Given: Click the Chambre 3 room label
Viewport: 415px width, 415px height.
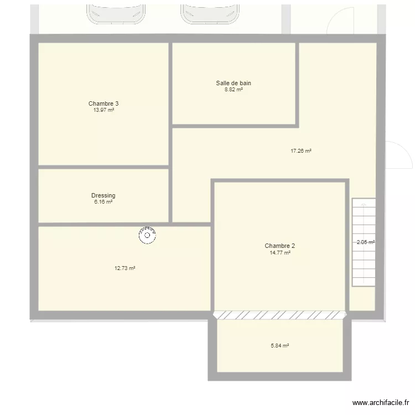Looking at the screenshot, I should (x=103, y=103).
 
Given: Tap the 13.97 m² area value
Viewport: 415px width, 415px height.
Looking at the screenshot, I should (x=103, y=110).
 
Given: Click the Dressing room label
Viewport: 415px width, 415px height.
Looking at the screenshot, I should (x=103, y=195).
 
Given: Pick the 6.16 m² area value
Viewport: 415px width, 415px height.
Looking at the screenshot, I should (x=103, y=202).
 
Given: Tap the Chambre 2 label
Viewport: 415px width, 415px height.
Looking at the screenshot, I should (x=280, y=246).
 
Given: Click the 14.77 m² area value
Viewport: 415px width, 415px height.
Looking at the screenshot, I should (x=280, y=252).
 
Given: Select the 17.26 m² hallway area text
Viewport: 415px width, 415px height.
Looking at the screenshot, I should (x=301, y=151).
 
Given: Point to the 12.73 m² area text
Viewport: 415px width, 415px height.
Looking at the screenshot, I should (x=125, y=268).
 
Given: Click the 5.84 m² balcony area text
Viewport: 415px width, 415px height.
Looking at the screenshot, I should (x=280, y=346).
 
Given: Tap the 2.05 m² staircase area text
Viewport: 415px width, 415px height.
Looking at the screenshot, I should (x=365, y=242).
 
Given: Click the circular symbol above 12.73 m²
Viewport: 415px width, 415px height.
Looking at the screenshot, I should (x=148, y=236).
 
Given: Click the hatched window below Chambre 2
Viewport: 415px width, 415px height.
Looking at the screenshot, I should (x=280, y=315).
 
